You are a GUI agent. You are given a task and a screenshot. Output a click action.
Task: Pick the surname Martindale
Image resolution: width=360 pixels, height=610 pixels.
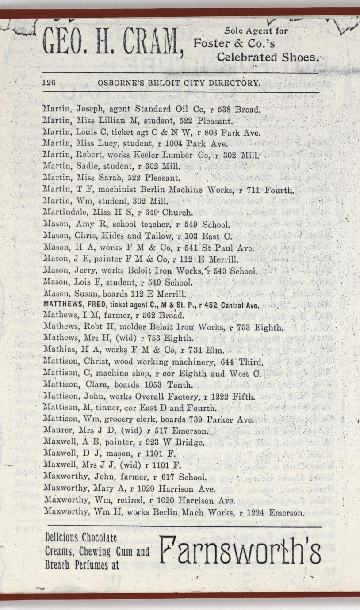[62, 211]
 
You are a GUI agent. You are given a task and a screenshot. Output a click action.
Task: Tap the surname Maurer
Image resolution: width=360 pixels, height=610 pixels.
[55, 431]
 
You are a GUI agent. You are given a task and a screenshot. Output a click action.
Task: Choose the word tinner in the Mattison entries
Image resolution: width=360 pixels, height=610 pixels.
[103, 408]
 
